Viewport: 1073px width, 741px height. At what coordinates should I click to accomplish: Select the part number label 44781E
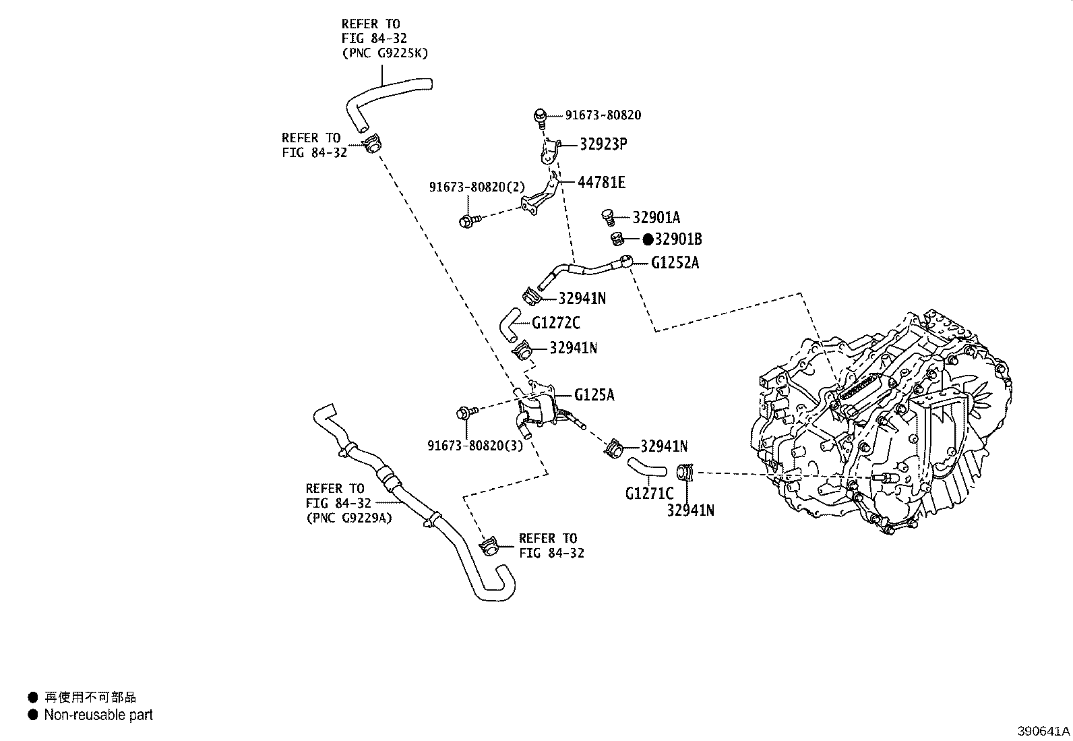[x=601, y=182]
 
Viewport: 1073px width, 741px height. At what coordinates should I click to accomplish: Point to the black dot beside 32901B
[x=647, y=239]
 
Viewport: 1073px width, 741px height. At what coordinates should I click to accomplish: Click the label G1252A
[x=675, y=263]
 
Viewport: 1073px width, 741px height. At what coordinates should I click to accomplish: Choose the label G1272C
[x=555, y=323]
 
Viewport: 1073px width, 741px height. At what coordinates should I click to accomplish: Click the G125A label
[x=594, y=394]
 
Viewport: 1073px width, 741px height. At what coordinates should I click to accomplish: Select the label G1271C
[x=649, y=494]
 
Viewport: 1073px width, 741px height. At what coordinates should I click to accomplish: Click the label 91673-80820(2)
[x=477, y=187]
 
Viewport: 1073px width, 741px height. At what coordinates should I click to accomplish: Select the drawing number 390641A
[x=1043, y=731]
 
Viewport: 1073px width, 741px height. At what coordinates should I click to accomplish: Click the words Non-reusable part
[x=98, y=715]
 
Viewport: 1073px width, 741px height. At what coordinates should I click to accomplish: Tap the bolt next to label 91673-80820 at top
[x=539, y=117]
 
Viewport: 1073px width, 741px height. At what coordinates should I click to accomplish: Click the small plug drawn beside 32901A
[x=608, y=217]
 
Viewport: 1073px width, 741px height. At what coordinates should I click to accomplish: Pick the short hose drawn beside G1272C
[x=508, y=323]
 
